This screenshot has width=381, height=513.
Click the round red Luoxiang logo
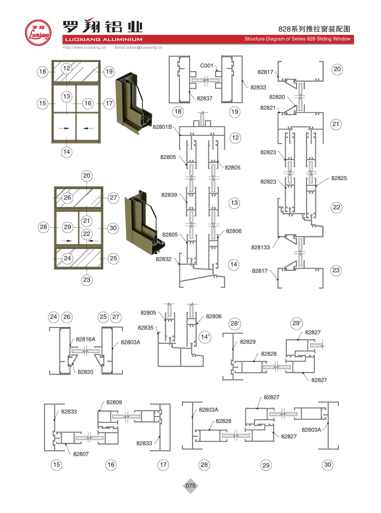point(38,32)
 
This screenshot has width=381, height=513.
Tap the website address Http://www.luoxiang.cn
point(84,47)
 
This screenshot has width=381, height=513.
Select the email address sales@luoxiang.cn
point(138,47)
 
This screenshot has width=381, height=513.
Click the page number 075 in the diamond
point(190,486)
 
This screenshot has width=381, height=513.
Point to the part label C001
point(206,66)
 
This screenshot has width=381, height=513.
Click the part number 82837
point(204,98)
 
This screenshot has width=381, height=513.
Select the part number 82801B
point(162,127)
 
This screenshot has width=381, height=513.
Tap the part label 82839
point(169,195)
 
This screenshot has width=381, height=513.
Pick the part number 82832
point(163,259)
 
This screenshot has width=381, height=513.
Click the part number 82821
point(268,108)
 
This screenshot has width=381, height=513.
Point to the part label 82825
point(339,178)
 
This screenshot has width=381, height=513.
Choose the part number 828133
point(260,247)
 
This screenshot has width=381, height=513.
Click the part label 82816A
point(85,339)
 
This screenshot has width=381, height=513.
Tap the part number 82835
point(146,328)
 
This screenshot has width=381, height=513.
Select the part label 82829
point(248,342)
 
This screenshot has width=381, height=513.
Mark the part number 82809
point(114,402)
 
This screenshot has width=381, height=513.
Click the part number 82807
point(81,454)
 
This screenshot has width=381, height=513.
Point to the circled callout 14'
point(205,337)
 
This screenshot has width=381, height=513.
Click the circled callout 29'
point(297,323)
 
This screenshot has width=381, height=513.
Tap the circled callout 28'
point(235,324)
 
